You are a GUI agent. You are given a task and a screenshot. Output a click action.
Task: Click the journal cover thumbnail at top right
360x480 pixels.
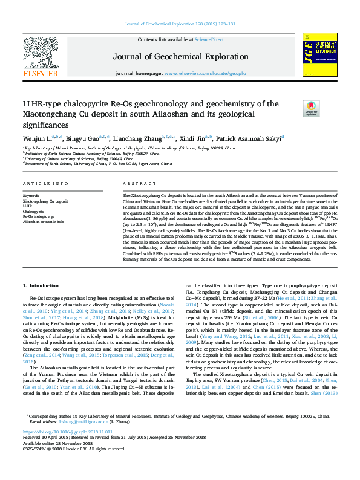pyautogui.click(x=319, y=57)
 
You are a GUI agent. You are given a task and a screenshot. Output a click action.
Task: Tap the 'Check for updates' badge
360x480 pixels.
pyautogui.click(x=312, y=109)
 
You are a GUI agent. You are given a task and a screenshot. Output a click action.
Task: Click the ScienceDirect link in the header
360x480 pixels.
pyautogui.click(x=210, y=39)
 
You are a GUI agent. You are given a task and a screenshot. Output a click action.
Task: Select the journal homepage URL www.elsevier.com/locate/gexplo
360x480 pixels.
pyautogui.click(x=205, y=73)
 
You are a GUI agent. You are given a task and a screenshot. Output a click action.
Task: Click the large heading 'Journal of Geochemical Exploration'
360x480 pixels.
pyautogui.click(x=180, y=57)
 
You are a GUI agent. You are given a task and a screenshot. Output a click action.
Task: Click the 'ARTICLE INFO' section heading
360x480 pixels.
pyautogui.click(x=45, y=183)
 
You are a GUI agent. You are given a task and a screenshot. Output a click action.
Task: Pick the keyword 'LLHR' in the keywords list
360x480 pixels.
pyautogui.click(x=27, y=206)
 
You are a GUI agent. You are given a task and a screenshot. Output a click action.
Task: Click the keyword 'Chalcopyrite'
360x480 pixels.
pyautogui.click(x=33, y=211)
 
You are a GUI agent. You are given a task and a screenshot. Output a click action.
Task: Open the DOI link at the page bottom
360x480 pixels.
pyautogui.click(x=68, y=433)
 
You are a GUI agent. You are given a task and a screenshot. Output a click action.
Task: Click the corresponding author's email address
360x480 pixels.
pyautogui.click(x=71, y=421)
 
